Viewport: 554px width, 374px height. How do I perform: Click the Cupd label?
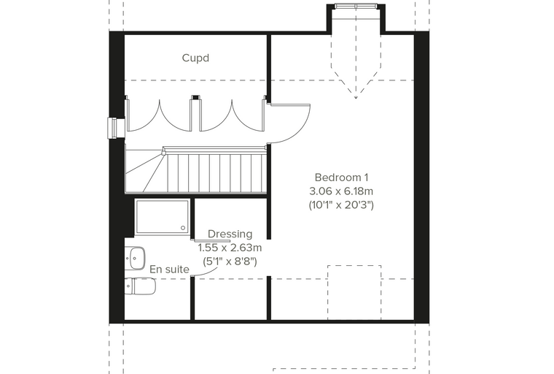(x=195, y=58)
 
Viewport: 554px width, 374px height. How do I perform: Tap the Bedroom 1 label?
(x=341, y=177)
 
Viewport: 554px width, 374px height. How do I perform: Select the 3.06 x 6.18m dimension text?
(x=341, y=191)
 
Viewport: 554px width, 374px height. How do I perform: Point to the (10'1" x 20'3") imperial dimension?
(x=341, y=205)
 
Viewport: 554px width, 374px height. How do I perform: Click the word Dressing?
(x=230, y=234)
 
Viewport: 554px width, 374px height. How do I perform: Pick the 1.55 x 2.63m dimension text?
(x=230, y=247)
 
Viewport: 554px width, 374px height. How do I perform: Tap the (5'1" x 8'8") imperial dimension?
(x=230, y=262)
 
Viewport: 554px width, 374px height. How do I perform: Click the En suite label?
(x=170, y=270)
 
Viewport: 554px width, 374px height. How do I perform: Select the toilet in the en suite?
(x=140, y=286)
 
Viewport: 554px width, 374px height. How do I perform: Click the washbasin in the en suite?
(x=136, y=258)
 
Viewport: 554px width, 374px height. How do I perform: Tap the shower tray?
(x=163, y=217)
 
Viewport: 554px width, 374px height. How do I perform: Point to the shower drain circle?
(x=183, y=228)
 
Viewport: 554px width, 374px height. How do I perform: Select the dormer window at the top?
(x=356, y=6)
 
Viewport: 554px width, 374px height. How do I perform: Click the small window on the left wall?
(x=115, y=128)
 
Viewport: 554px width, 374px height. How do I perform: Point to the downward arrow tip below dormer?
(x=356, y=98)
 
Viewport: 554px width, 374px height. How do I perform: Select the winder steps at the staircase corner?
(x=145, y=171)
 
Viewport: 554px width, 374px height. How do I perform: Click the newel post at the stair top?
(x=164, y=152)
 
